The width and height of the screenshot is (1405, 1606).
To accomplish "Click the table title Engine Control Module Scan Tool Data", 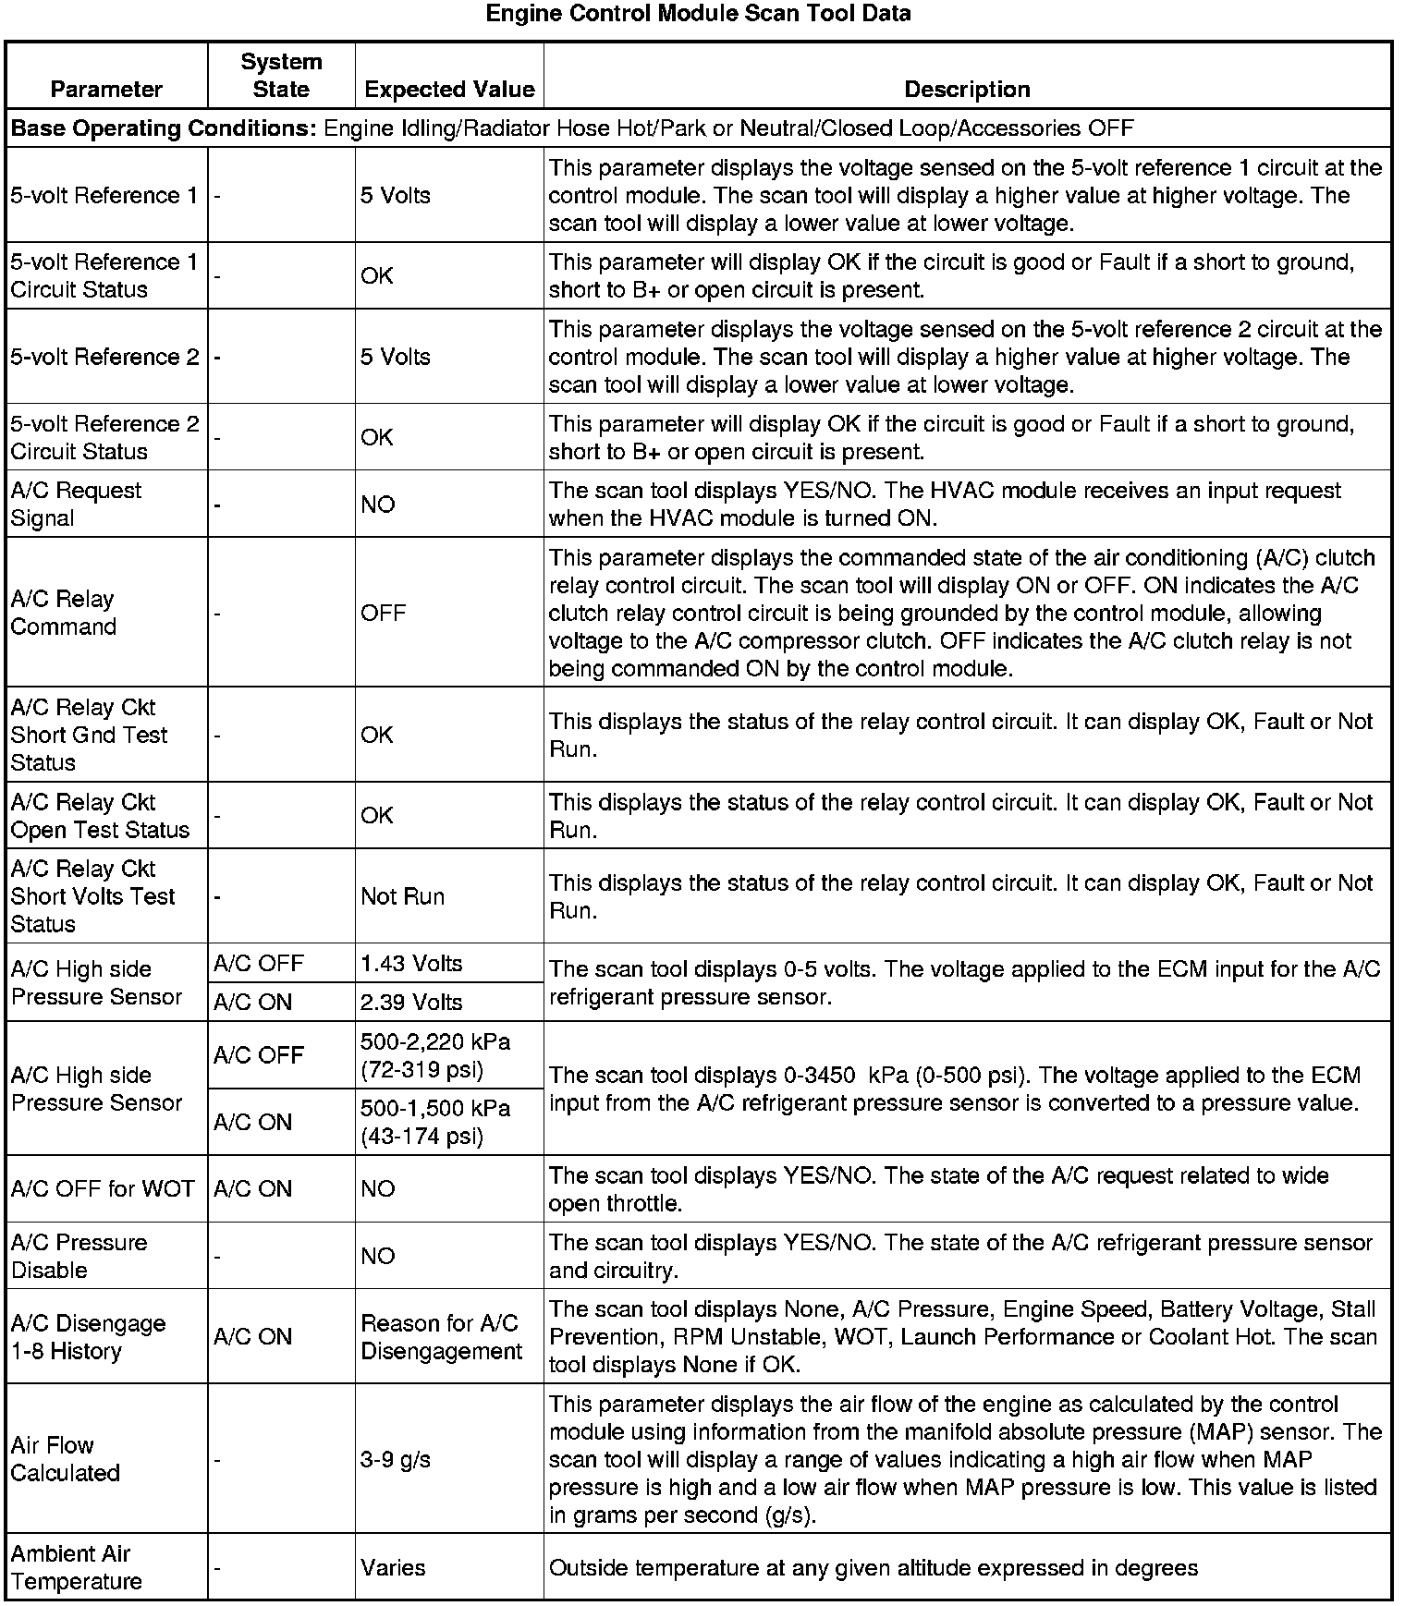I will coord(698,14).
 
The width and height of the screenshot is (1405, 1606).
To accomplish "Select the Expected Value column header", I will coord(449,90).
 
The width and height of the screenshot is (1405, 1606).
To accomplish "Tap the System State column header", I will coord(281,76).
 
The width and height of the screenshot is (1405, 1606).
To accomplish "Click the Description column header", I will coord(967,90).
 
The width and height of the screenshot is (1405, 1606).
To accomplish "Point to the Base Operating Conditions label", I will coord(164,128).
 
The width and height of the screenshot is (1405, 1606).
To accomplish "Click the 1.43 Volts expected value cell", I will coord(411,964).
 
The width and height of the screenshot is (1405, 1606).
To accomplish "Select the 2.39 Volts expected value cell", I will coord(411,1003).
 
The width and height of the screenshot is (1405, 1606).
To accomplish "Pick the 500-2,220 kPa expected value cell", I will coord(435,1055).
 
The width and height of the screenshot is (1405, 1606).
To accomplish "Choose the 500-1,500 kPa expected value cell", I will coord(435,1122).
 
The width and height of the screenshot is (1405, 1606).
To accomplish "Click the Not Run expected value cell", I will coord(403,896).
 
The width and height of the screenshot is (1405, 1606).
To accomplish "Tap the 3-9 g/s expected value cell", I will coord(396,1460).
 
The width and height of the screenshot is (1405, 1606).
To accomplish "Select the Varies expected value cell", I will coord(394,1568).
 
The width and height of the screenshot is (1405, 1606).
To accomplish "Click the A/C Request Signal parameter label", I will coord(76,505).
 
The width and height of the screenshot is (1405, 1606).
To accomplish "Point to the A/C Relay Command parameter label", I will coord(63,613).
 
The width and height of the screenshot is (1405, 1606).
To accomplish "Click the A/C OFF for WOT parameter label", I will coord(103,1189).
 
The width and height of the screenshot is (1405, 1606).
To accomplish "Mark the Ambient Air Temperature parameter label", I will coord(76,1568).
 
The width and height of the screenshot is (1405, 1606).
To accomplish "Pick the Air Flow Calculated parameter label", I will coord(65,1460).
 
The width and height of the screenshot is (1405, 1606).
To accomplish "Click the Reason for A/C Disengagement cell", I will coord(441,1337).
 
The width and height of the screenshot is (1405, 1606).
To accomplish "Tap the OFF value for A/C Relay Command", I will coord(384,614).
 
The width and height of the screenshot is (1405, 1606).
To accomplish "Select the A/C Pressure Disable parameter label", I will coord(79,1257).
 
